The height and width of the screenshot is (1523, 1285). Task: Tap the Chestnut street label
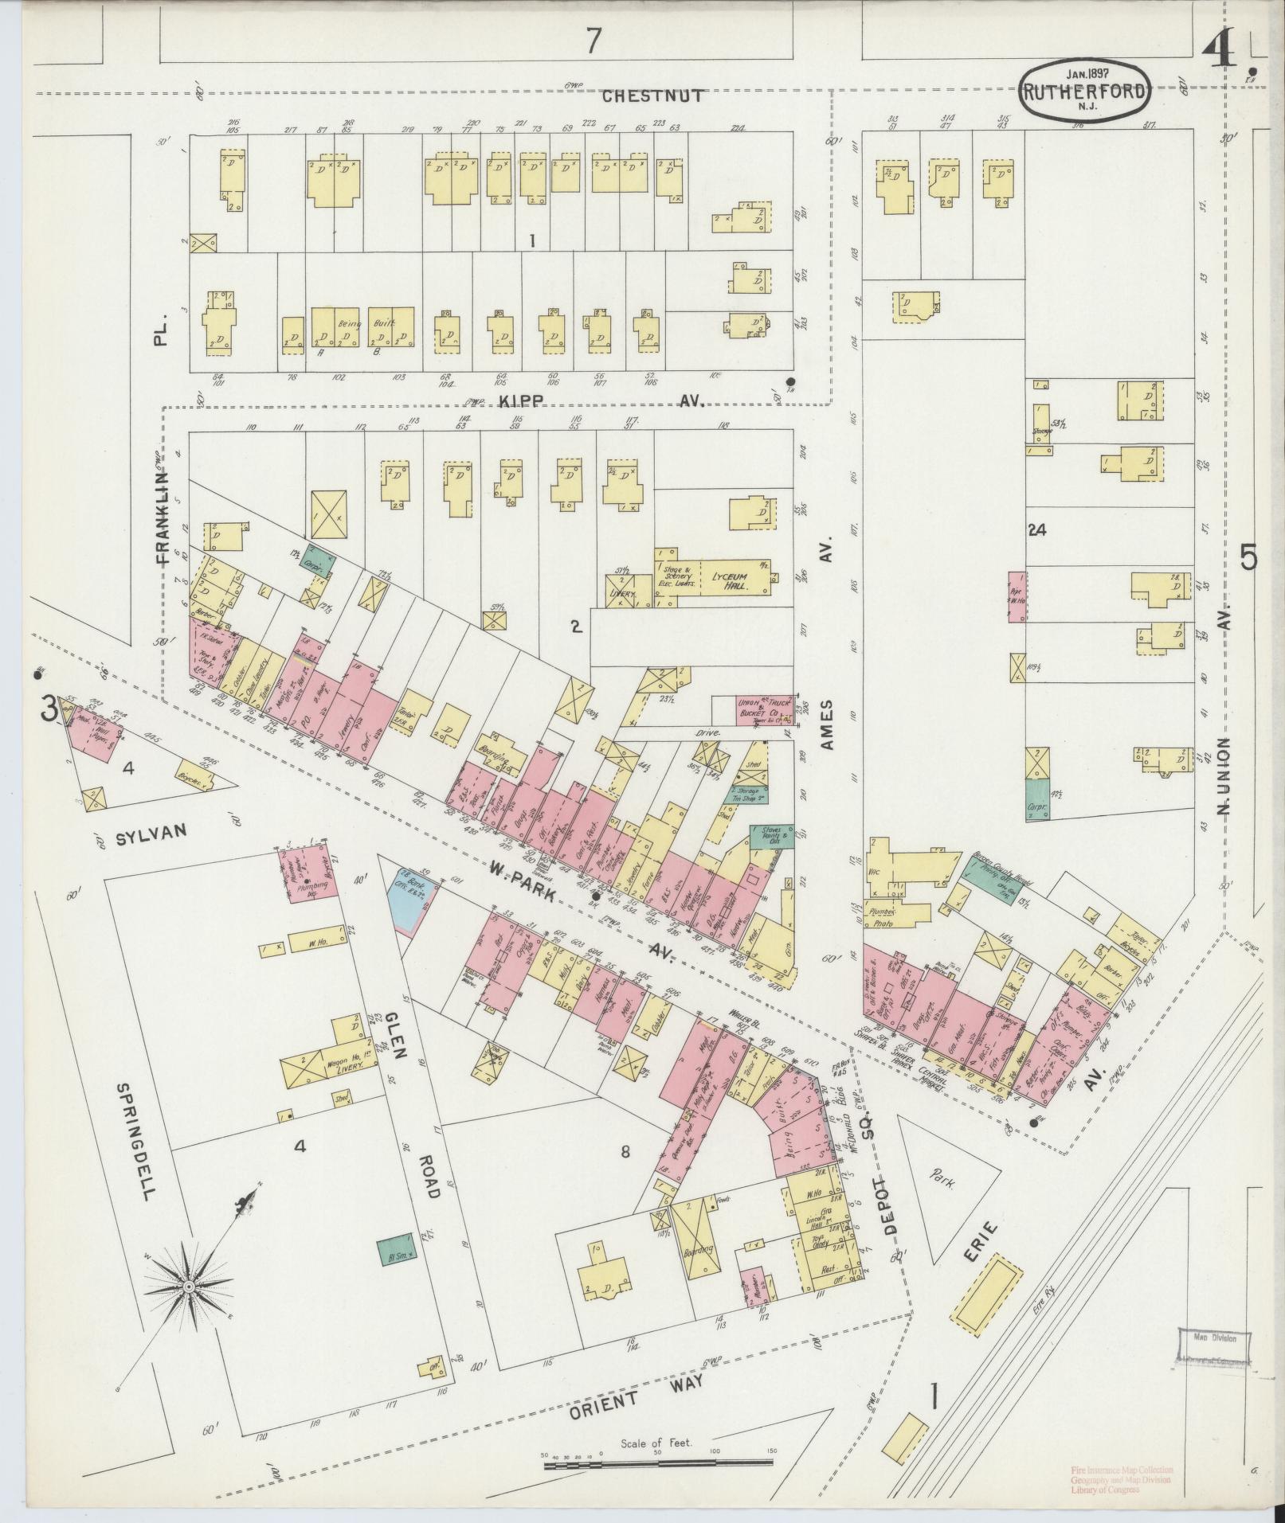click(652, 96)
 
